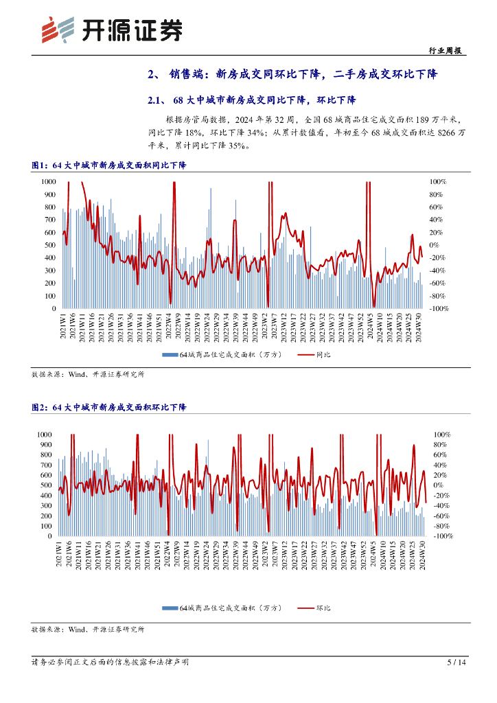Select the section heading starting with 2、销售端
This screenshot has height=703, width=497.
292,74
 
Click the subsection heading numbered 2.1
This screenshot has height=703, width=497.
252,100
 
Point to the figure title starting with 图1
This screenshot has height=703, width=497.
109,165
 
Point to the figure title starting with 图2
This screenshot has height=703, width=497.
109,407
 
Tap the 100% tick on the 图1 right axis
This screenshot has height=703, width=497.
438,181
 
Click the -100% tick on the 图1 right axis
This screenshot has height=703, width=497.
439,309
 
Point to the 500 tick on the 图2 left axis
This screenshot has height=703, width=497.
45,485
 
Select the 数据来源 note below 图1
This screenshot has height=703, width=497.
88,375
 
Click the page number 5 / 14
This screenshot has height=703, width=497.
456,662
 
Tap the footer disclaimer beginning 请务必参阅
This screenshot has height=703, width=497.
110,662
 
